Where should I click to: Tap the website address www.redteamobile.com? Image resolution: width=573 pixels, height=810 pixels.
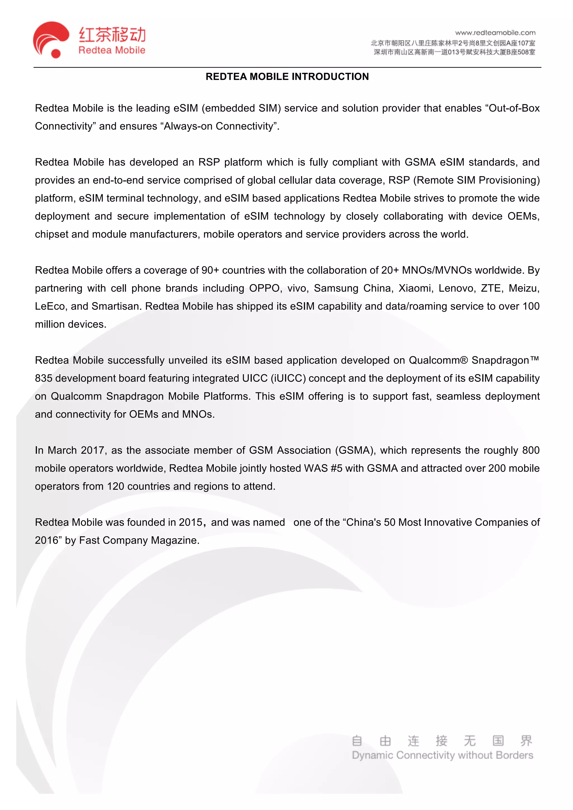[x=495, y=33]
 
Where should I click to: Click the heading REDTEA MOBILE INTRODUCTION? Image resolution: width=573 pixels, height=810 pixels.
[x=287, y=77]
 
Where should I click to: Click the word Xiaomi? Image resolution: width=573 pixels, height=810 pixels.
[x=414, y=288]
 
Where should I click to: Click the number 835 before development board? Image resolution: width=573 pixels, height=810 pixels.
[x=43, y=378]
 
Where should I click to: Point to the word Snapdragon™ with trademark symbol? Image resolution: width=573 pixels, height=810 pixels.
[x=505, y=360]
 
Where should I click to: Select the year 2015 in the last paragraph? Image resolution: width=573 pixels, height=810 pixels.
[x=190, y=522]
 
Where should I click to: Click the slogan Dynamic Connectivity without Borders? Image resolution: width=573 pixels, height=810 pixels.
[x=442, y=755]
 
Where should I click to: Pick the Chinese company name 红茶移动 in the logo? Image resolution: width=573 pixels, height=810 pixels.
[x=112, y=35]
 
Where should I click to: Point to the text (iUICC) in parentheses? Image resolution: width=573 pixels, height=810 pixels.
[x=288, y=378]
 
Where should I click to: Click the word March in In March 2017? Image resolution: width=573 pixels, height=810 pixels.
[x=62, y=450]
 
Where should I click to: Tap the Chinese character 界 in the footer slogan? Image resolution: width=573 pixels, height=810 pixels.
[x=526, y=740]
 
